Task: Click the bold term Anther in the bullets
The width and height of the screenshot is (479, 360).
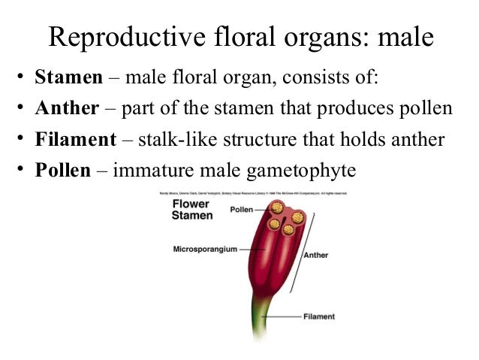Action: (x=67, y=108)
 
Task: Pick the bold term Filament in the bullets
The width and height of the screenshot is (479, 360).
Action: (x=76, y=139)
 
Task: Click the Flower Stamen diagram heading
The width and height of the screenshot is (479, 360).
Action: (x=191, y=210)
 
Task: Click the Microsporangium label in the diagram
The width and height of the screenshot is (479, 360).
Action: (x=205, y=249)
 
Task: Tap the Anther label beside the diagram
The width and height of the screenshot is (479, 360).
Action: (x=315, y=255)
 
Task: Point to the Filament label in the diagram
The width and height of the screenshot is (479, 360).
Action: (x=319, y=316)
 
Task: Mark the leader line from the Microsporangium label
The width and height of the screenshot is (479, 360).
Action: (x=248, y=249)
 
